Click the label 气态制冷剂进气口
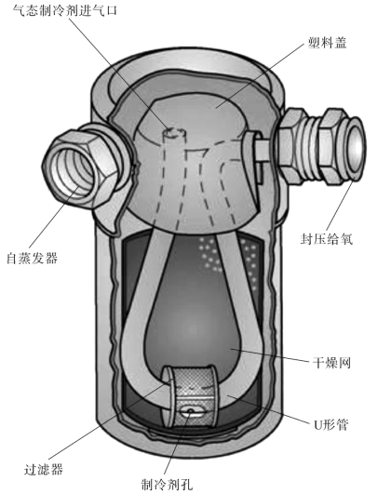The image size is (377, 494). [65, 9]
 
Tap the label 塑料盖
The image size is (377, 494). [327, 43]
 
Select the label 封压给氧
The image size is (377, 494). [326, 238]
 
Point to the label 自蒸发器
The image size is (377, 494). [33, 258]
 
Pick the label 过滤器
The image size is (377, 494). [44, 469]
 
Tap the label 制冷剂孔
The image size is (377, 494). [167, 484]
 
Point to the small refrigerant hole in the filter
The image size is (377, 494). [190, 411]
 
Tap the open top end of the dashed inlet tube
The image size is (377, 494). [174, 133]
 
